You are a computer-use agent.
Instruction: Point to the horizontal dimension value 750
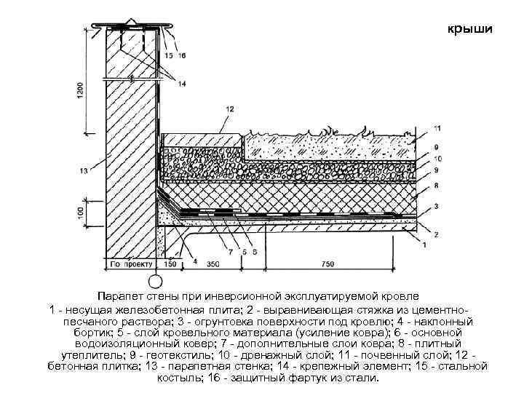[327, 263]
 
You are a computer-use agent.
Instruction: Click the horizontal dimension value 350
[213, 263]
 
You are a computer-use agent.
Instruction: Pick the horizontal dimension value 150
[170, 263]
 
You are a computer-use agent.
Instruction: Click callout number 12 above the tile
[230, 108]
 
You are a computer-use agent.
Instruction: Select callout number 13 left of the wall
[84, 170]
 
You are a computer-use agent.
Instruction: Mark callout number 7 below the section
[231, 253]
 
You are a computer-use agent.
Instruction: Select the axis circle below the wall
[156, 280]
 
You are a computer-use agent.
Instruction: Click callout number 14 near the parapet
[181, 84]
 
